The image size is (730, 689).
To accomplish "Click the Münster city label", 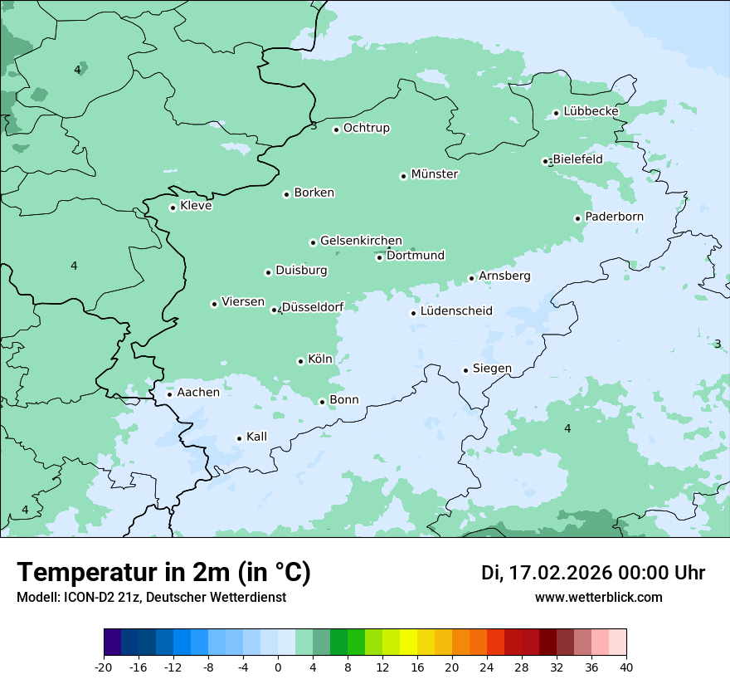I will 435,174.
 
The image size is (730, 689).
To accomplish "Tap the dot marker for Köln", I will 300,361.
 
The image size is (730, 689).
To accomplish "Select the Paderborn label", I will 614,217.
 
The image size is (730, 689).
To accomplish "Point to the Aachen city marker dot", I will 169,394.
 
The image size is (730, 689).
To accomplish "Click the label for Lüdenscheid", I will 456,311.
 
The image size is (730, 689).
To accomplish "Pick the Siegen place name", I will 492,369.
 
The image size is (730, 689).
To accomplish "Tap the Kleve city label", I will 196,206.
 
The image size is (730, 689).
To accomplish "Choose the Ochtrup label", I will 366,128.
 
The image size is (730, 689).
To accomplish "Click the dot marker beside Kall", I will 239,438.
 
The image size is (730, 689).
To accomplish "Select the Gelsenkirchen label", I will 361,241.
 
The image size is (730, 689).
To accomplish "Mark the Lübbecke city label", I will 591,111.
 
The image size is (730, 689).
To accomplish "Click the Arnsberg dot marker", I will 471,278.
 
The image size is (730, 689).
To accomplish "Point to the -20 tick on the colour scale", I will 104,667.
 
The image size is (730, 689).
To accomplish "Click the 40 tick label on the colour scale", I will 625,667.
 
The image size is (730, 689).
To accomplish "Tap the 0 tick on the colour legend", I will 278,667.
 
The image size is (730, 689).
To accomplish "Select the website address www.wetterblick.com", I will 598,597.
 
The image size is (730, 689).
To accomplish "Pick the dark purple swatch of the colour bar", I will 113,643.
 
